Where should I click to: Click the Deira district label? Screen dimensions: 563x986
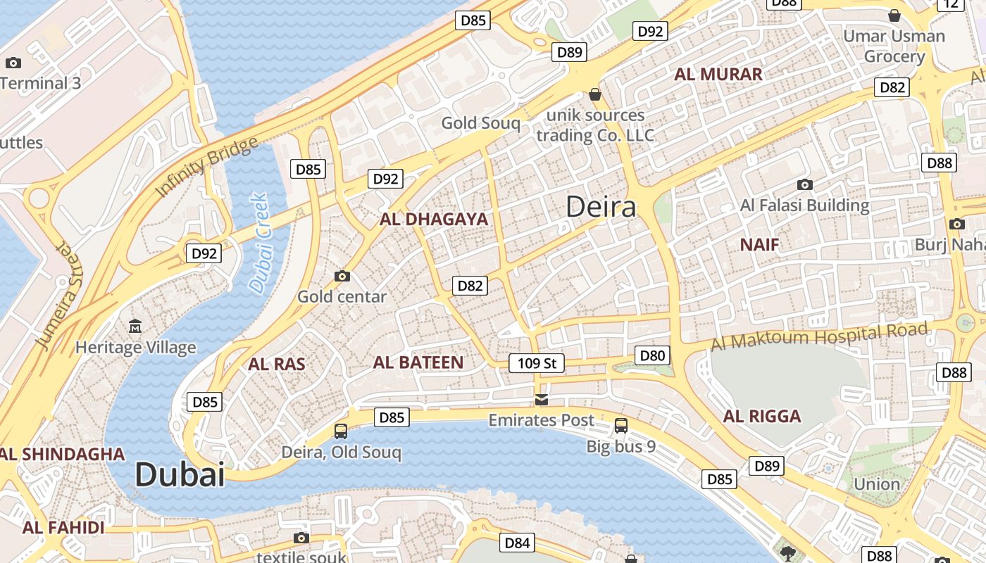click(601, 207)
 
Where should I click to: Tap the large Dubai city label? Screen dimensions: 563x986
click(180, 474)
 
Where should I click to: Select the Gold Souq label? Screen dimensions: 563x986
click(480, 123)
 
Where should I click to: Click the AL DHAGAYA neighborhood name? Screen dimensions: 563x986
click(434, 219)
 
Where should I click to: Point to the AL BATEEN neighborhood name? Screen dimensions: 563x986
click(418, 363)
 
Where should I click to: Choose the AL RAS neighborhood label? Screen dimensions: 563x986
click(277, 364)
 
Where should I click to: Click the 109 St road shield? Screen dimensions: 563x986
click(537, 363)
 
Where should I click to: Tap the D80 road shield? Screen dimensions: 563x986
click(651, 355)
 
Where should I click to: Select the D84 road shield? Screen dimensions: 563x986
click(517, 543)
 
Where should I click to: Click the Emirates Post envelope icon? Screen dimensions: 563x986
click(541, 400)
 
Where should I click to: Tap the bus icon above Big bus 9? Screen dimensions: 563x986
click(620, 425)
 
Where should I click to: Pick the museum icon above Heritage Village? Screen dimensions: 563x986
click(135, 326)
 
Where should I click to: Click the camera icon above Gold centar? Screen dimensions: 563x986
click(342, 276)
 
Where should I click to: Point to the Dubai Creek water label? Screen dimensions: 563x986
click(259, 243)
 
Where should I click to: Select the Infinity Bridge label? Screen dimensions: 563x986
click(206, 167)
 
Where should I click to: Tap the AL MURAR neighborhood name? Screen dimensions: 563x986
click(718, 74)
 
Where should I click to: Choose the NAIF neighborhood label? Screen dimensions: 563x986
click(760, 245)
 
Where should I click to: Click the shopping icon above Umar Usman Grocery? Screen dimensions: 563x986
click(894, 15)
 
